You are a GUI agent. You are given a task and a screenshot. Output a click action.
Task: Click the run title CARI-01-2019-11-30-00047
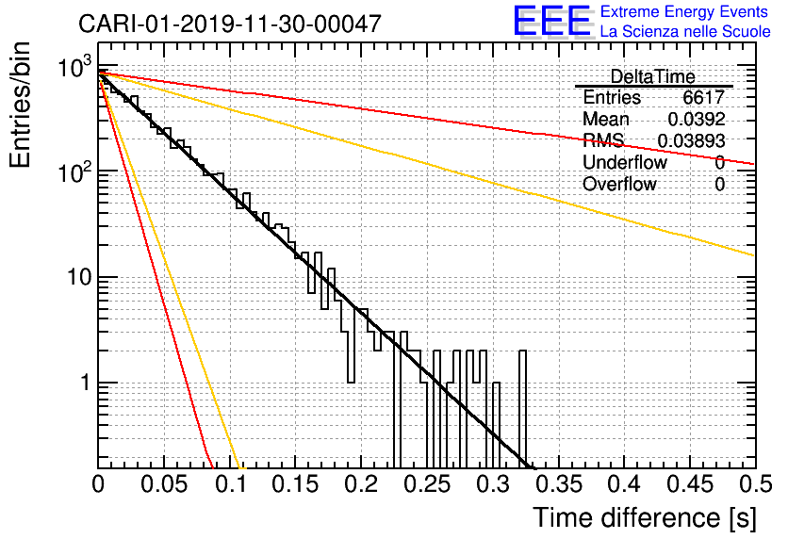click(x=230, y=24)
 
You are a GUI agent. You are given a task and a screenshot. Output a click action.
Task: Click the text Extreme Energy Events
click(x=685, y=12)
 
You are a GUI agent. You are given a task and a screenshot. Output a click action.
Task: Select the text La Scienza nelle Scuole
click(x=685, y=32)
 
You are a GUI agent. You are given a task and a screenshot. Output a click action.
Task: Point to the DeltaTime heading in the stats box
click(x=653, y=76)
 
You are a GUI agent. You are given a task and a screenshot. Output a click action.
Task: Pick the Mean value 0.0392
click(x=697, y=120)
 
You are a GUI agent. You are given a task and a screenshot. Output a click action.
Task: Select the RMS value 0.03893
click(x=691, y=141)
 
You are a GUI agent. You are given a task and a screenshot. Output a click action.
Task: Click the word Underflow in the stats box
click(x=625, y=163)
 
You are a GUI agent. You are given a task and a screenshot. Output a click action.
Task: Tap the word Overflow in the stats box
click(x=619, y=185)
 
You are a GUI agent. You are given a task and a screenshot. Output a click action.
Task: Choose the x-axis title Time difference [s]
click(x=644, y=517)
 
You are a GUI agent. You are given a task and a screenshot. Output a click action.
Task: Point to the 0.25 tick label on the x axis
click(x=426, y=485)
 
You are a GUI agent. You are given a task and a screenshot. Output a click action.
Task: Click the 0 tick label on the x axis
click(x=99, y=485)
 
